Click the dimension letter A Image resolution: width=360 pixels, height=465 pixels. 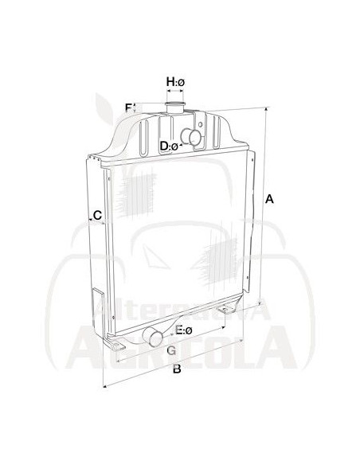pos(269,200)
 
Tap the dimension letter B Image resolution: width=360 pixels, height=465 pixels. pos(177,369)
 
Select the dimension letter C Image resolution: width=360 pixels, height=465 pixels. pos(96,215)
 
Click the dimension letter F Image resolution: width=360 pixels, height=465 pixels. pos(128,107)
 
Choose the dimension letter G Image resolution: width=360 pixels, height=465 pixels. pos(170,350)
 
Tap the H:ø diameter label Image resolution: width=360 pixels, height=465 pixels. pos(175,81)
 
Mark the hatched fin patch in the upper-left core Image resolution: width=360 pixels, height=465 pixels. pos(135,192)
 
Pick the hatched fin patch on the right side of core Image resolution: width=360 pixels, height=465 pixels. pos(220,260)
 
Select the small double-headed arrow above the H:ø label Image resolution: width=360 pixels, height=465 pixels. pos(175,93)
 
